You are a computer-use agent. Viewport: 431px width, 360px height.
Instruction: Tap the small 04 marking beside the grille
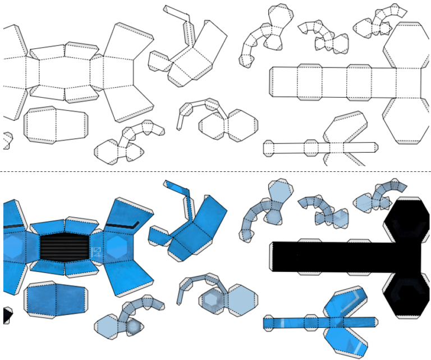(x=96, y=252)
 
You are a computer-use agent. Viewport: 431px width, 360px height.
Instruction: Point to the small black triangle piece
(x=7, y=316)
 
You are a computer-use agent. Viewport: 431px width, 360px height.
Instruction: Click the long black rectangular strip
(x=331, y=257)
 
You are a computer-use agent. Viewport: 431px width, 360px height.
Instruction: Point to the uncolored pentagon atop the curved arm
(x=279, y=16)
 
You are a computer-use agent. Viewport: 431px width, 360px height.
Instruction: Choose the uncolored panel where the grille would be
(x=64, y=72)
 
